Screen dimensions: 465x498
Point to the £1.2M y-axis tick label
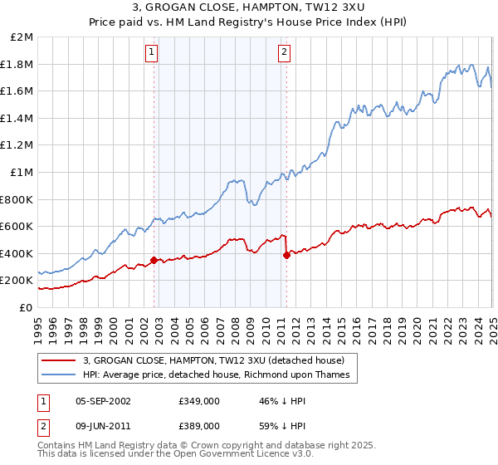click(x=17, y=145)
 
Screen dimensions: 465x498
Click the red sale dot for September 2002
click(x=154, y=260)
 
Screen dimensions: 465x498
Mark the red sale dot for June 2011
click(x=286, y=255)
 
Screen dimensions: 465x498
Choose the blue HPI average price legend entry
click(x=216, y=374)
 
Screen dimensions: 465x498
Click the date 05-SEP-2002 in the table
click(x=103, y=401)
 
